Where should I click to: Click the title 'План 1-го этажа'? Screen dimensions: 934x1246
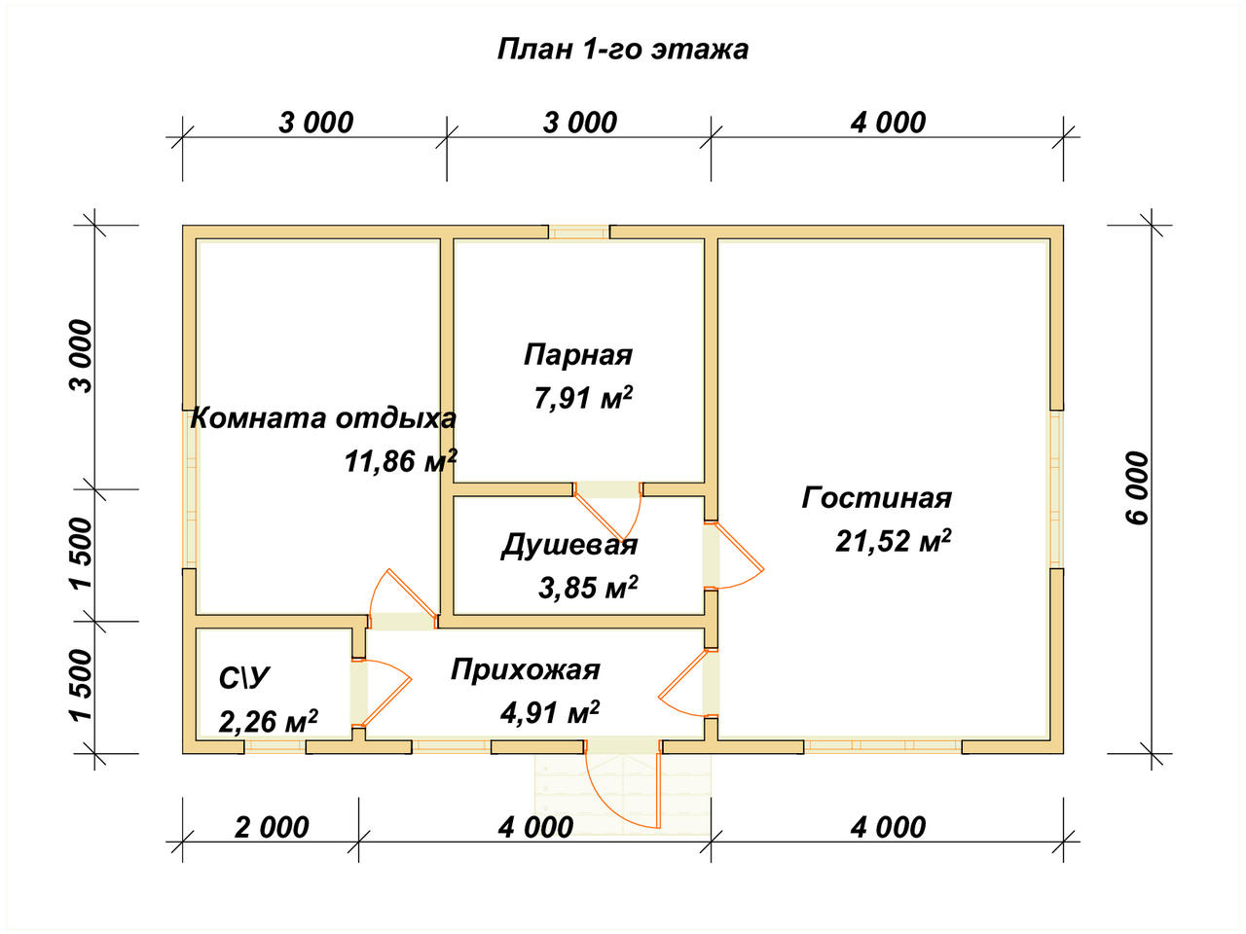coord(623,49)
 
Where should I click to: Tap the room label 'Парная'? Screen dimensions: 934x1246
coord(578,354)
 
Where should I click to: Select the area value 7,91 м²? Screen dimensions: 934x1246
coord(583,397)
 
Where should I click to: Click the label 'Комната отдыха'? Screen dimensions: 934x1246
coord(323,418)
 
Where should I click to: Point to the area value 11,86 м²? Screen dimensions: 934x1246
coord(400,460)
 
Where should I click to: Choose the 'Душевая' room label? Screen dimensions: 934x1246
coord(569,545)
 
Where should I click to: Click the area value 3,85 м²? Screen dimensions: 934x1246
coord(588,587)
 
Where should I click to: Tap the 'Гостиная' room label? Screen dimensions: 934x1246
coord(876,498)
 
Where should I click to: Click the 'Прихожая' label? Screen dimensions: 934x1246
coord(526,669)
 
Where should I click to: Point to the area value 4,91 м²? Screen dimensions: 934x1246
coord(549,713)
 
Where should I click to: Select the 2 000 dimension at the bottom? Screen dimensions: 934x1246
coord(272,828)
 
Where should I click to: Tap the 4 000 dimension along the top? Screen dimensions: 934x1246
coord(888,123)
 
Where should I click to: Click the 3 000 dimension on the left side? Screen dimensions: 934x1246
coord(82,356)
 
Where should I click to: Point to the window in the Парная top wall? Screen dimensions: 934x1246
coord(579,233)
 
